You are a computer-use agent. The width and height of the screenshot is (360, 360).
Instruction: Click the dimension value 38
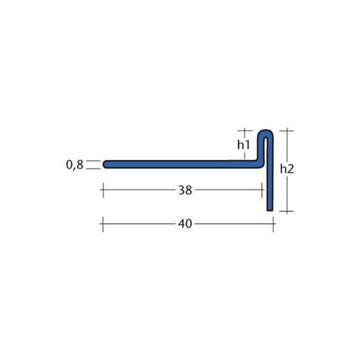coord(184,190)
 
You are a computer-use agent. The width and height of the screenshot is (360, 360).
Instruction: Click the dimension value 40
coord(184,224)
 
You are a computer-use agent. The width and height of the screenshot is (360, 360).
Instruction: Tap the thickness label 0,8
coord(75,165)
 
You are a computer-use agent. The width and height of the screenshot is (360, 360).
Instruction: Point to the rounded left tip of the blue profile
coord(105,164)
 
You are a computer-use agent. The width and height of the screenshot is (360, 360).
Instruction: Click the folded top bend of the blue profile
coord(267,132)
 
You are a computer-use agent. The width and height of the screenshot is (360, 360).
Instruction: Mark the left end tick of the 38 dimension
coord(102,190)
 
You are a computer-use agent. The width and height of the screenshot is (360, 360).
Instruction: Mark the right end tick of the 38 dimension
coord(262,190)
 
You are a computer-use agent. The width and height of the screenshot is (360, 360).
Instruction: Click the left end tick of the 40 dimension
coord(102,224)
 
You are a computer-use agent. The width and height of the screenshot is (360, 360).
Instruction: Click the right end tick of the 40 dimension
coord(274,224)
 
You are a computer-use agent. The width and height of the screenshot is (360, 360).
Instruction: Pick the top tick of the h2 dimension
coord(286,130)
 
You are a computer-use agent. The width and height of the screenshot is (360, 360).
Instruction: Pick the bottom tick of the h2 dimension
coord(286,211)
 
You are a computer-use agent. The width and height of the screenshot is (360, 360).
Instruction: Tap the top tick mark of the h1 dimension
coord(243,130)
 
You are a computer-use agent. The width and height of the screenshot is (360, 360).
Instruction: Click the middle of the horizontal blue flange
coord(181,164)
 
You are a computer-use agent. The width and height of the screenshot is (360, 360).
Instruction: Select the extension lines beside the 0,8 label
coord(92,165)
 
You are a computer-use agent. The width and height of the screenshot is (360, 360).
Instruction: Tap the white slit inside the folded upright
coord(267,150)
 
